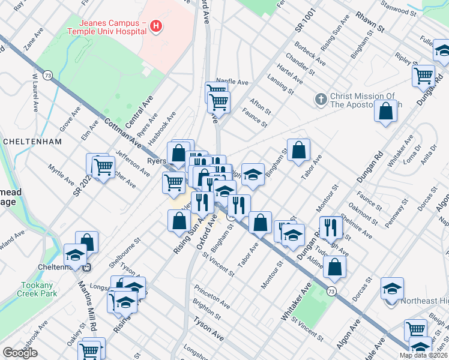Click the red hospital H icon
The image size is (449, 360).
click(x=156, y=26)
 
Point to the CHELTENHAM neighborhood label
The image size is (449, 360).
click(x=32, y=142)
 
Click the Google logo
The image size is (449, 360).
click(x=20, y=353)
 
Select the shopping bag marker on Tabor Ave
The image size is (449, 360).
click(x=298, y=150)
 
